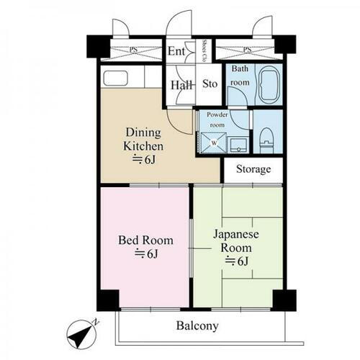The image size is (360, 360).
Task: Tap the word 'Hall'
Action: point(180,85)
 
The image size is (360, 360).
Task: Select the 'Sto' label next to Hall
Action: point(210,84)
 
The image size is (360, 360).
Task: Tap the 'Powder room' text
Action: point(217,119)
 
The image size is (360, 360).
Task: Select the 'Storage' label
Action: point(253,170)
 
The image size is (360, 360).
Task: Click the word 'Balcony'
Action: point(197,326)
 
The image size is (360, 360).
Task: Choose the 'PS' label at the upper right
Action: point(246,50)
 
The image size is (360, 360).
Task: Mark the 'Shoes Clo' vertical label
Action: point(204,50)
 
